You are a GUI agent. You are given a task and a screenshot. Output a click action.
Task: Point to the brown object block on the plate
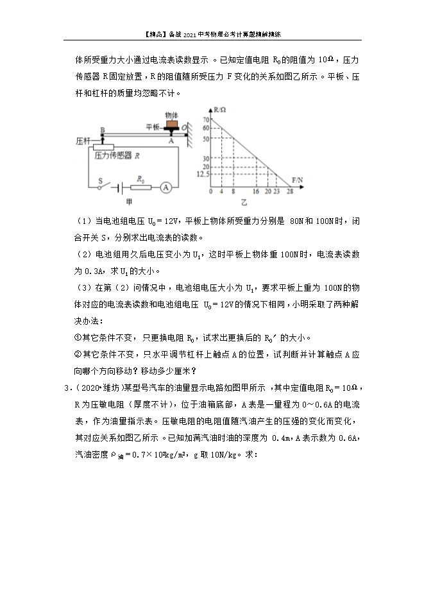[171, 125]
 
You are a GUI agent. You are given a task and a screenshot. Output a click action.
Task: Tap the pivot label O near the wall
[184, 128]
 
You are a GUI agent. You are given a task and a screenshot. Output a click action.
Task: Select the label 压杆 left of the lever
[83, 140]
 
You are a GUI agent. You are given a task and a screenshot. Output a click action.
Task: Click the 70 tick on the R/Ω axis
[206, 120]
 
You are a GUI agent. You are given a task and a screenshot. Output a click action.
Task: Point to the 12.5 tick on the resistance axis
[204, 173]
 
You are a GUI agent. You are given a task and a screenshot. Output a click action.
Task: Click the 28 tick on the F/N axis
[290, 191]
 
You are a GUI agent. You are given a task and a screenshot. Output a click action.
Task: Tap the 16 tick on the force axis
[256, 191]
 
